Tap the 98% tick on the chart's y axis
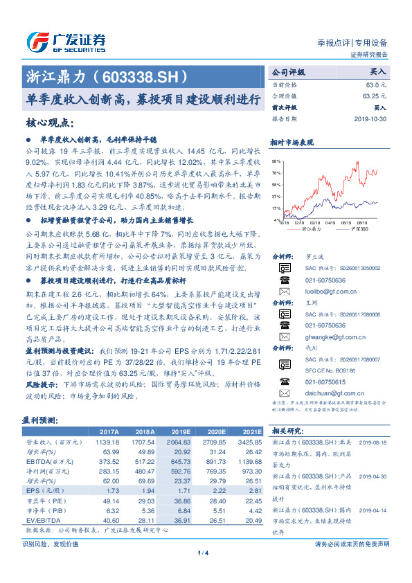pos(276,161)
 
